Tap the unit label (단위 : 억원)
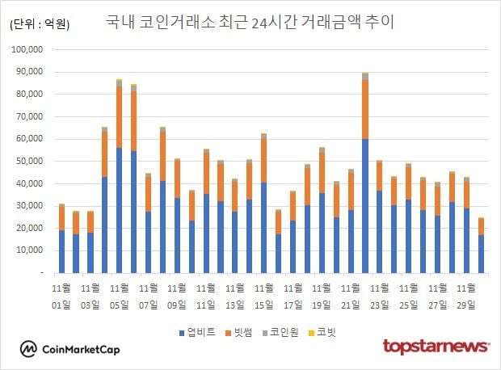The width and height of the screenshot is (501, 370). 40,24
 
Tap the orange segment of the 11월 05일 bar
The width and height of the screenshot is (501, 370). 119,117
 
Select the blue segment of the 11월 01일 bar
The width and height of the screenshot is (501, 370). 61,251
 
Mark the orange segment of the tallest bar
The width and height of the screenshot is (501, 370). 365,109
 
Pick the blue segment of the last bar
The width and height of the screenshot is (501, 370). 481,254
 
